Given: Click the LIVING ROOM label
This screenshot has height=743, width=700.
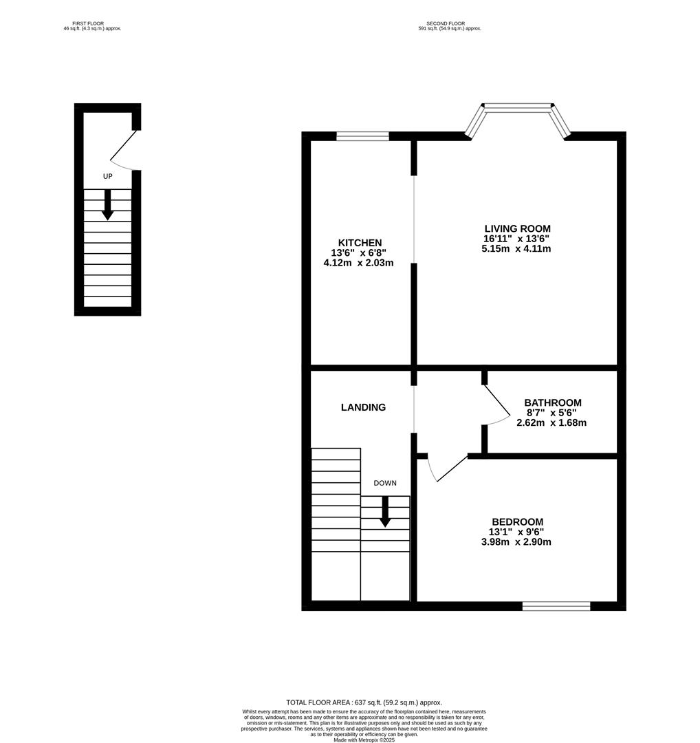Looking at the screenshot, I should tap(517, 228).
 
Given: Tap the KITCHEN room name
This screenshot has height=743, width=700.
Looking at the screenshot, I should tap(360, 243).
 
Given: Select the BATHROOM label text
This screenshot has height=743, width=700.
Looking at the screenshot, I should tap(552, 402).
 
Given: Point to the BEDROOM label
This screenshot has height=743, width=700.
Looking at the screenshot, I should tap(517, 521).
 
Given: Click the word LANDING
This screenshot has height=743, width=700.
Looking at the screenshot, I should tap(363, 407).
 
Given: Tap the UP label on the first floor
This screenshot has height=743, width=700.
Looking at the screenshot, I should tap(107, 177).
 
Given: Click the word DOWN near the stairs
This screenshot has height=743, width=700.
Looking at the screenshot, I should tap(385, 483).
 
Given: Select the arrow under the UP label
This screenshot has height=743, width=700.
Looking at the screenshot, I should tap(107, 205).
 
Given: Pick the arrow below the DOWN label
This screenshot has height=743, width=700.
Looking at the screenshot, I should tap(385, 512).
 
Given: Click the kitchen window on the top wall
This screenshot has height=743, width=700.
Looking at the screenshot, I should tap(362, 136).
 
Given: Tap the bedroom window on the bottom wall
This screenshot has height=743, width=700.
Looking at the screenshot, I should tap(556, 606).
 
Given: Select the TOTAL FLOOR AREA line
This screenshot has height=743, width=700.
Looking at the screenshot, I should tap(364, 702).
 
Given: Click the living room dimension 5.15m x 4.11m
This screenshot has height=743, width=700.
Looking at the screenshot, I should tap(516, 249).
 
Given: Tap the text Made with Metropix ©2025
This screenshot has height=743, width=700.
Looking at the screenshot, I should tap(364, 740).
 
